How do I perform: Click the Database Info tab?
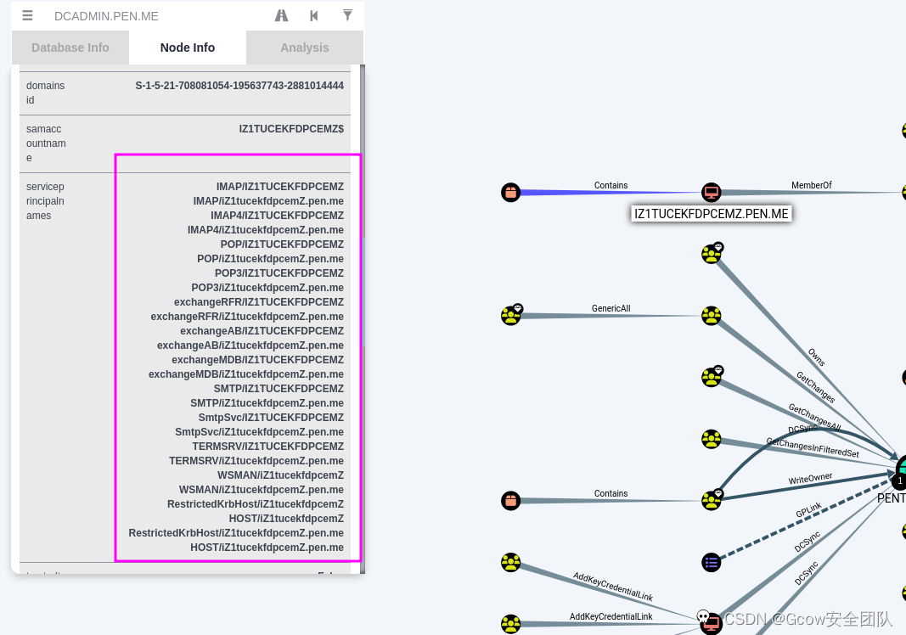coord(70,48)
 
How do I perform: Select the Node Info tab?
coord(188,48)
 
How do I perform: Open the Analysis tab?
coord(305,48)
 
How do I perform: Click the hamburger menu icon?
coord(28,15)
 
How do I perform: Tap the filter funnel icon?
coord(347,15)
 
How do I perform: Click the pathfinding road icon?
coord(282,15)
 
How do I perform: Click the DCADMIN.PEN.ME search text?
coord(106,16)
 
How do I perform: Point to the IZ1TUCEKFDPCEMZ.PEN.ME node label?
coord(712,214)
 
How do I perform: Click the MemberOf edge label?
coord(811,185)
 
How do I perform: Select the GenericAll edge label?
coord(611,309)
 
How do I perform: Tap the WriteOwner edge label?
coord(810,479)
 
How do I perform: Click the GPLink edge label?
coord(808,513)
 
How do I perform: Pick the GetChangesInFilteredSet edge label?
coord(813,447)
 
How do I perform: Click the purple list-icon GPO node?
coord(712,562)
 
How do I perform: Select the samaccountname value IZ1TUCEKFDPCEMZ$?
coord(291,129)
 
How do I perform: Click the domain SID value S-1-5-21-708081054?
coord(239,86)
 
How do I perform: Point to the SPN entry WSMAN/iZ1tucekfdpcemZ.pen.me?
coord(262,490)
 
